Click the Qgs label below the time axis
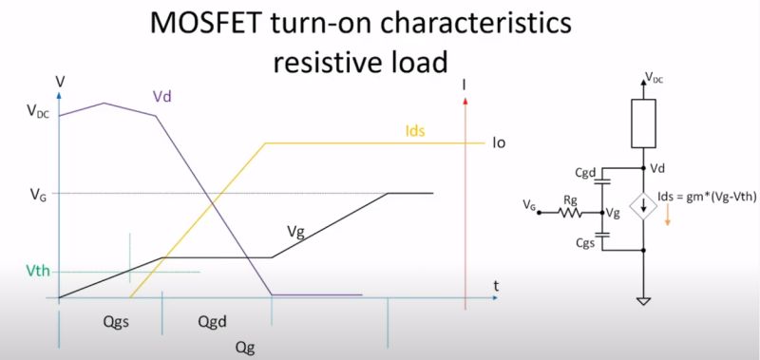tap(114, 321)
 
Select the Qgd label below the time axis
tap(215, 321)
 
